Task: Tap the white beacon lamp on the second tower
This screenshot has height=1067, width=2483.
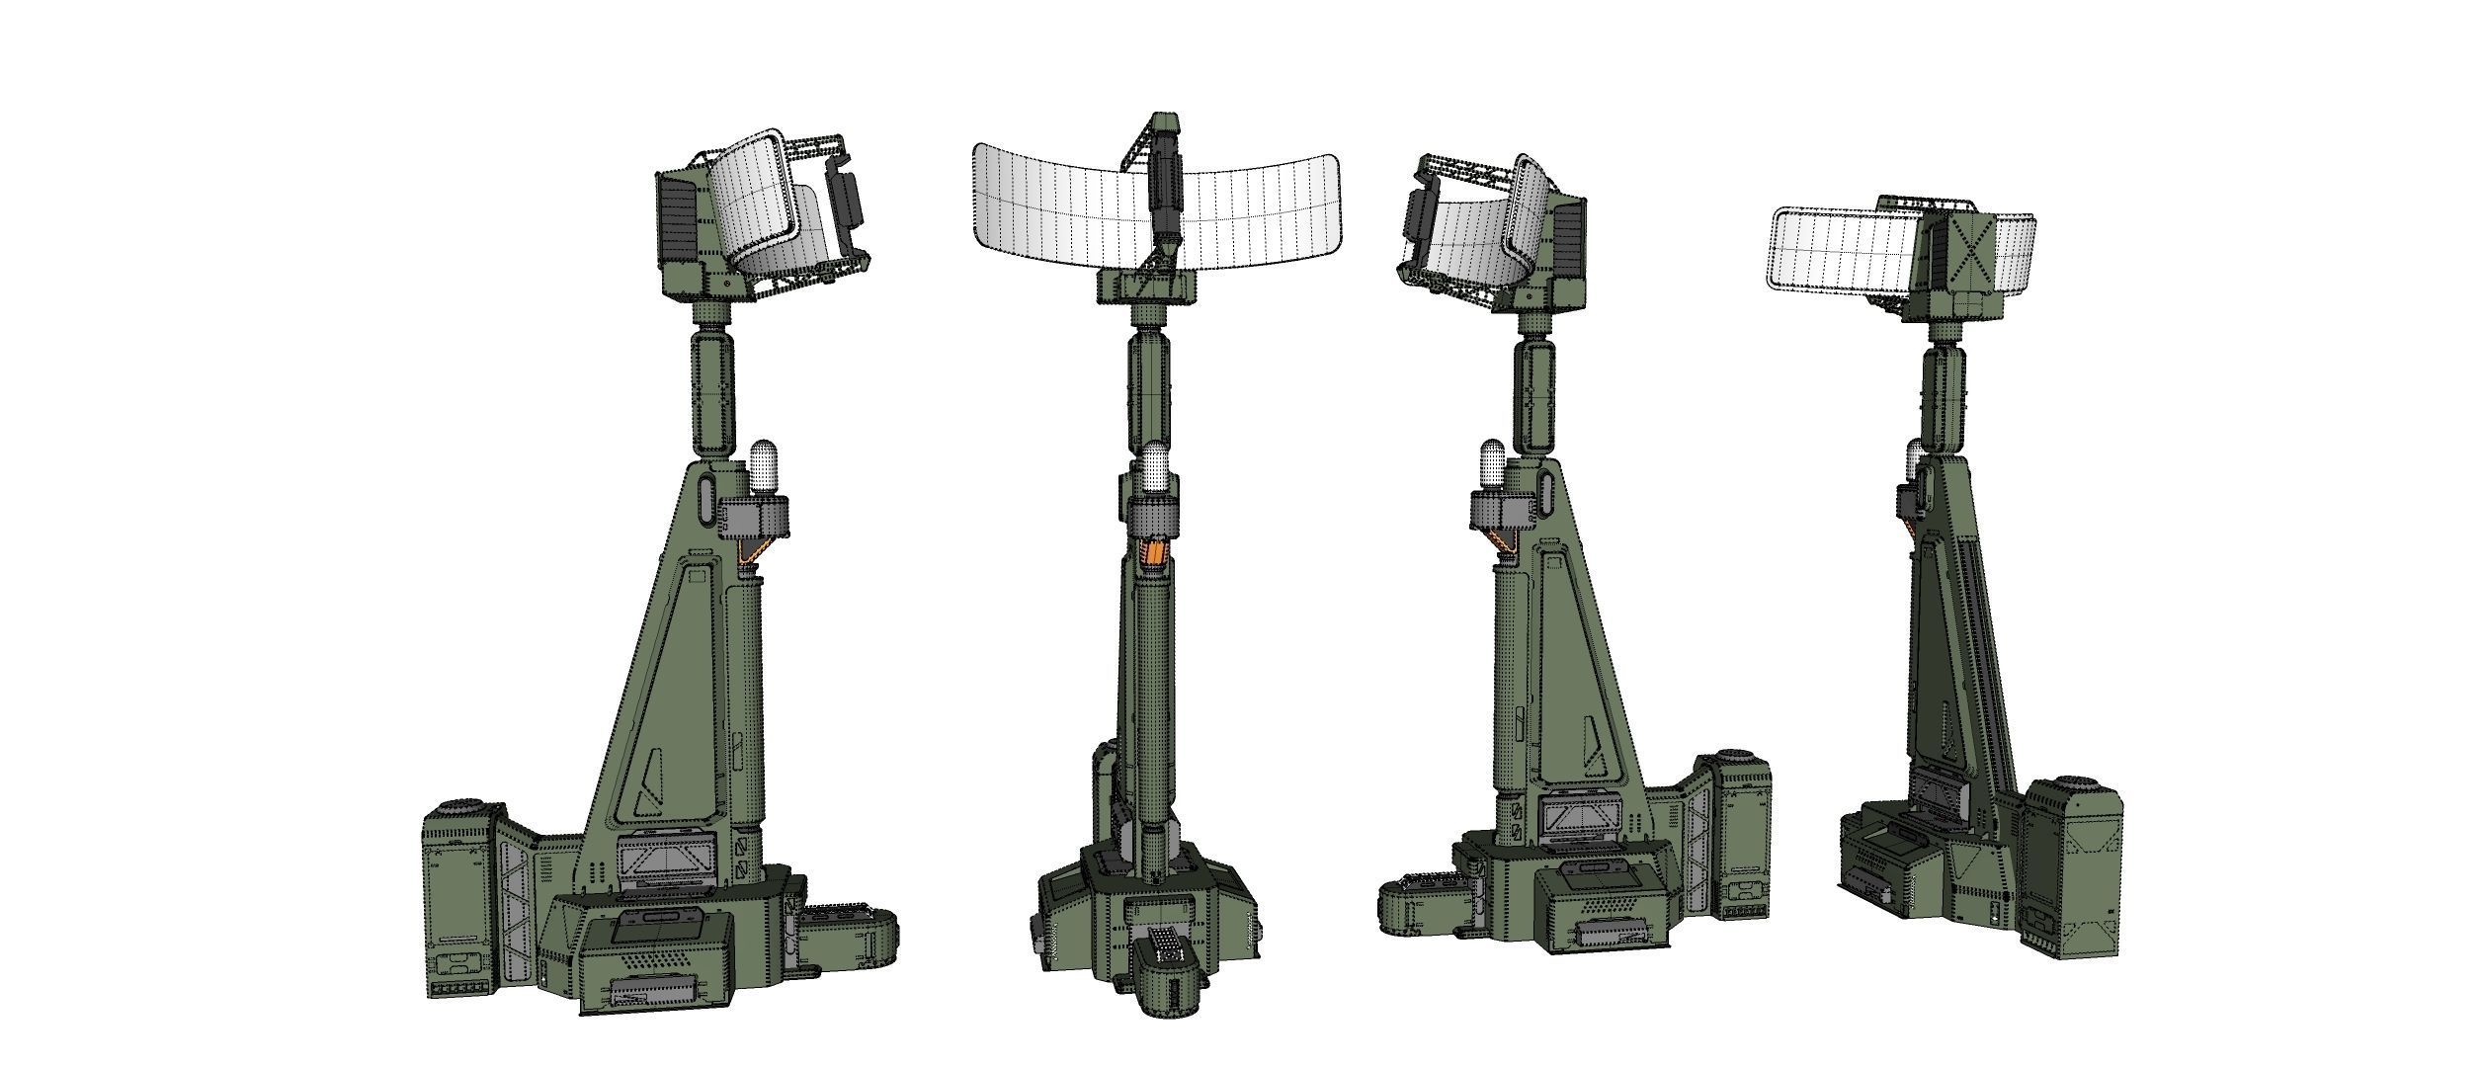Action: [1154, 472]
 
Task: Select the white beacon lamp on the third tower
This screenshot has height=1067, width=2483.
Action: [1492, 466]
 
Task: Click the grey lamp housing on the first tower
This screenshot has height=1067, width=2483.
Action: [756, 516]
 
